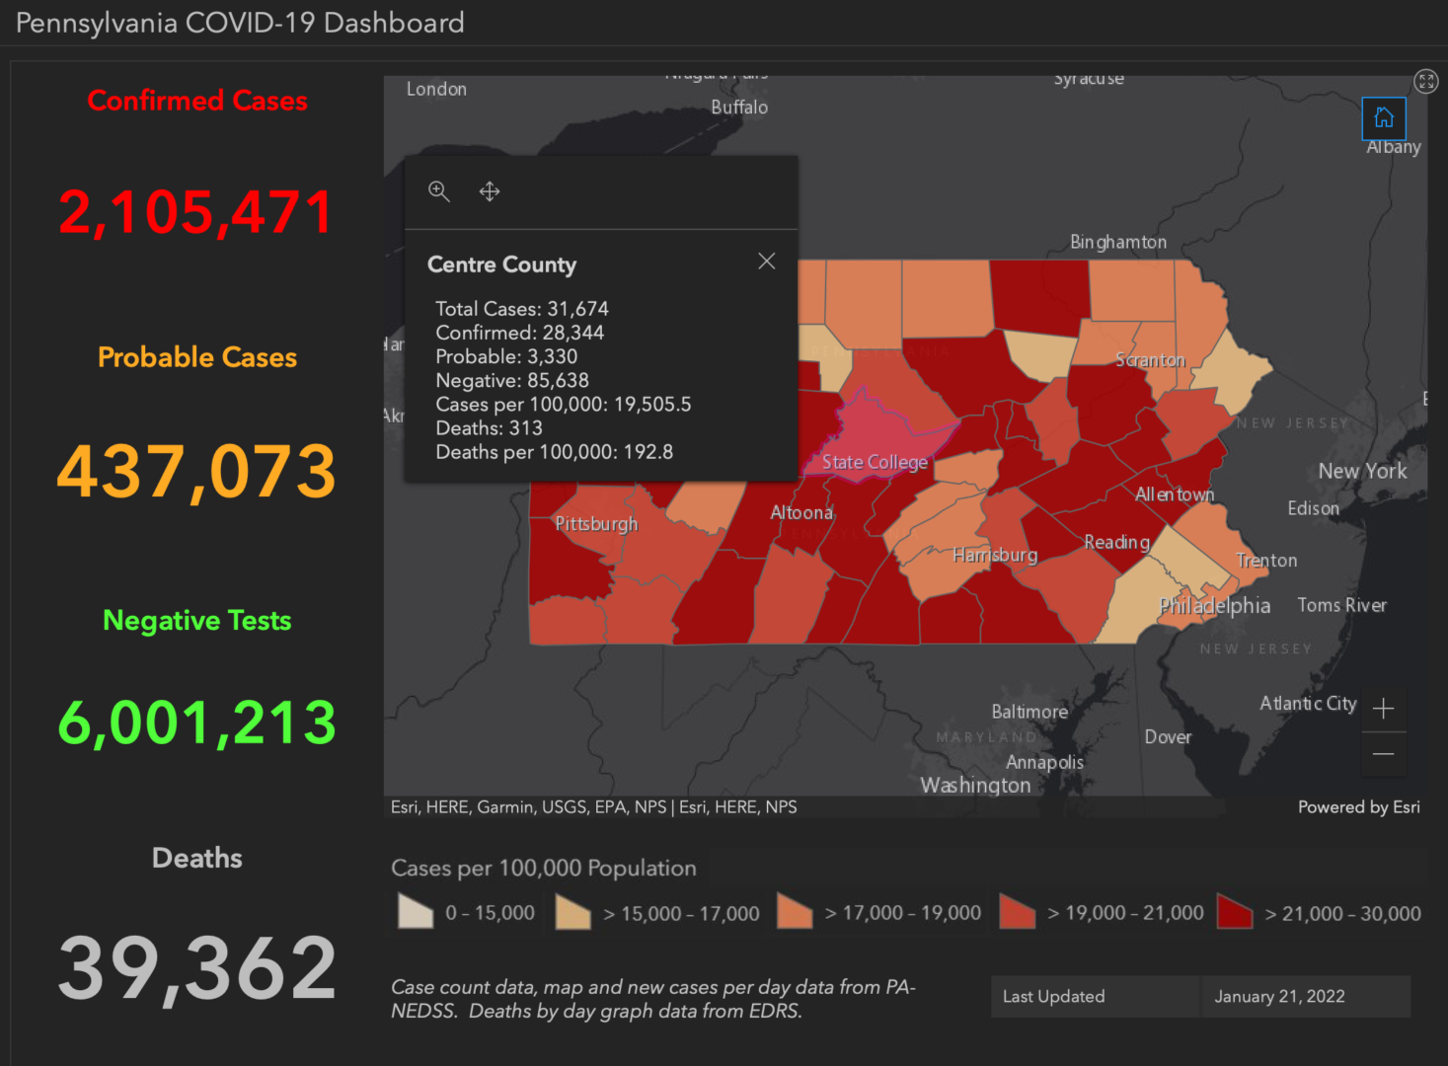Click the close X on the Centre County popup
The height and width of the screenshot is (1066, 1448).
click(x=766, y=261)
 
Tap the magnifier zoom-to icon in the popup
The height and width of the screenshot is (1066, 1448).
click(x=439, y=191)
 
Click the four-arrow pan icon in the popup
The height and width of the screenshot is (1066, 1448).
click(x=490, y=191)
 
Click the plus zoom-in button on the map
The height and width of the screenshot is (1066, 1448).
click(x=1383, y=709)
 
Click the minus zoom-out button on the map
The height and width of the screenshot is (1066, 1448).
click(x=1383, y=755)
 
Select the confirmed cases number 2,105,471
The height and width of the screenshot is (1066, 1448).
click(x=196, y=212)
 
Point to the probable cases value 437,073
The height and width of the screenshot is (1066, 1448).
click(x=196, y=472)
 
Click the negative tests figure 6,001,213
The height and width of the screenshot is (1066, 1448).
click(x=196, y=723)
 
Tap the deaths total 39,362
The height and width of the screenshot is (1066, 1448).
click(x=196, y=968)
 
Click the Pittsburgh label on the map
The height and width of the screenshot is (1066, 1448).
click(x=596, y=524)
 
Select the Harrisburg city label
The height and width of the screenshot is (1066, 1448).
click(x=995, y=555)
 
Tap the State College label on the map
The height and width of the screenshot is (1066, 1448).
click(x=875, y=462)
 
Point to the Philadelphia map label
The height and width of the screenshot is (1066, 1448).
click(x=1214, y=606)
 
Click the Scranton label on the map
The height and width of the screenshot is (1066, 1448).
click(x=1150, y=360)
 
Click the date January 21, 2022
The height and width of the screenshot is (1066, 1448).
click(x=1279, y=997)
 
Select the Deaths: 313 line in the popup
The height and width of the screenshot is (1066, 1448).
click(x=489, y=428)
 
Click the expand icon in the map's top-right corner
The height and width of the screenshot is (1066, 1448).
click(x=1425, y=81)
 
